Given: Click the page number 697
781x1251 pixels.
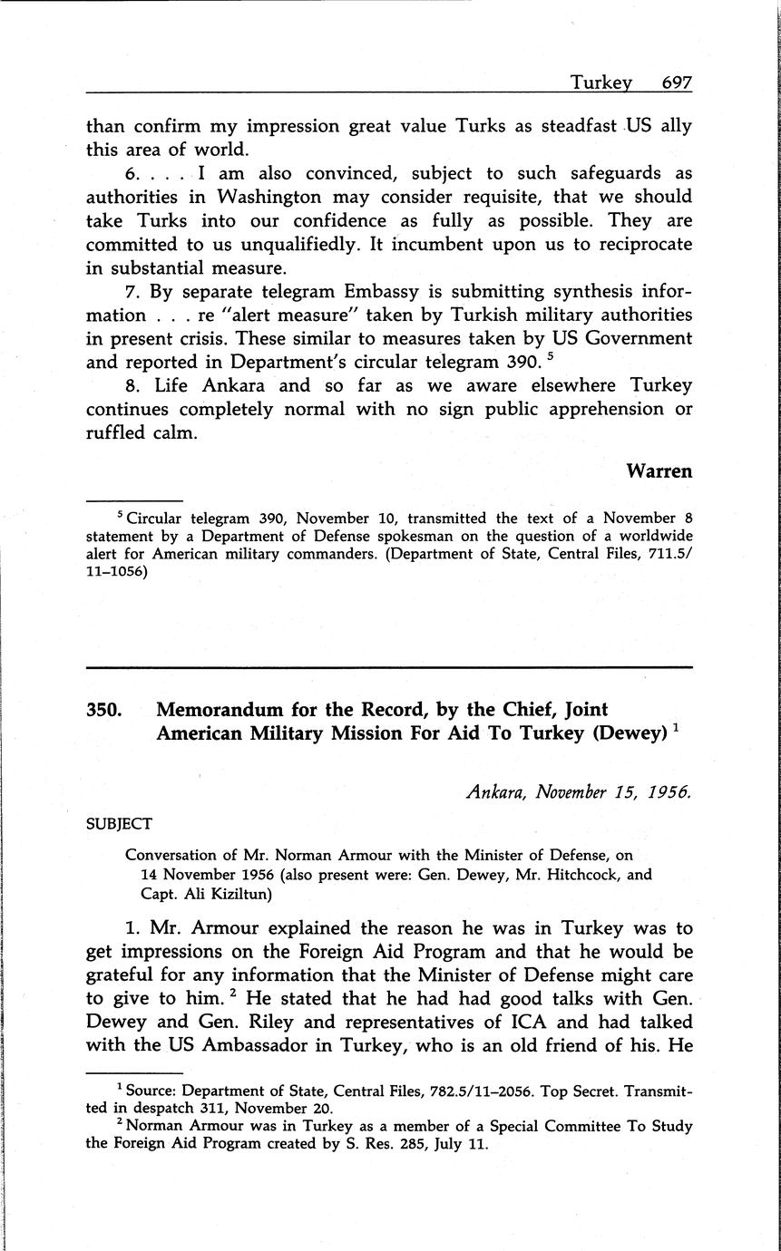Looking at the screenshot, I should [x=677, y=83].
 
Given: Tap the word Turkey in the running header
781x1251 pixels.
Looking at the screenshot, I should [x=600, y=83].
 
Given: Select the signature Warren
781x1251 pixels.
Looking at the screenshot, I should [x=659, y=471].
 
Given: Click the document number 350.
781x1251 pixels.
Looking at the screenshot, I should [x=104, y=710].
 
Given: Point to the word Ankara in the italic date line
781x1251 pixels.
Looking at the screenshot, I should [x=496, y=791].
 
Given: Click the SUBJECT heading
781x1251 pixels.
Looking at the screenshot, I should [x=119, y=824].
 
